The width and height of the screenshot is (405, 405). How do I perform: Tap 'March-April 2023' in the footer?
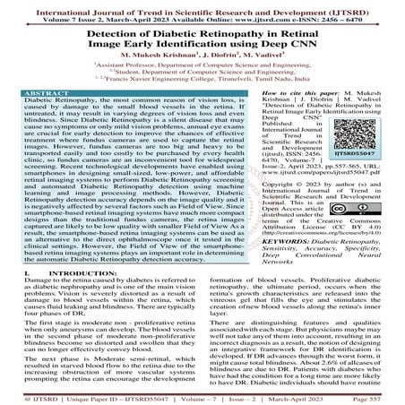pos(315,397)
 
